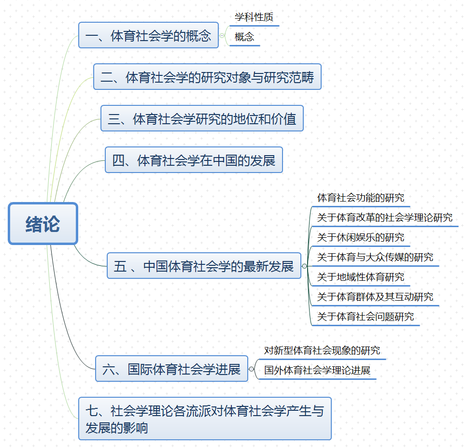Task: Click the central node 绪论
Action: click(43, 223)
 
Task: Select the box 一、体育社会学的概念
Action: click(148, 35)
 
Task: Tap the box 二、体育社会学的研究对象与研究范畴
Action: click(207, 77)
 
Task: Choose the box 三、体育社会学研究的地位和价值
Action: click(202, 118)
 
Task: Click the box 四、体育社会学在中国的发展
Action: click(194, 160)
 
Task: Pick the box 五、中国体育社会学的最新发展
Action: click(204, 266)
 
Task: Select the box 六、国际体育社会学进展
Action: click(171, 369)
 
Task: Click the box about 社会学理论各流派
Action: click(205, 419)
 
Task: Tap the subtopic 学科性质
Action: click(254, 17)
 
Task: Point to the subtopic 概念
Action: click(244, 37)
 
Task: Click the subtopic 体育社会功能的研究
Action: click(361, 198)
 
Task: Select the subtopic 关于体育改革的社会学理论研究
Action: click(384, 217)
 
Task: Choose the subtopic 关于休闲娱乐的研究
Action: click(361, 237)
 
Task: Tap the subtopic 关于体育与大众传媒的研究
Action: click(375, 257)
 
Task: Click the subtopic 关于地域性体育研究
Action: click(361, 277)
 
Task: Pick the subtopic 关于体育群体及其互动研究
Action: click(375, 297)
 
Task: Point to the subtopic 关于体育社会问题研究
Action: click(366, 317)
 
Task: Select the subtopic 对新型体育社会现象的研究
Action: click(322, 350)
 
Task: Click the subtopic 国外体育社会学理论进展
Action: click(317, 371)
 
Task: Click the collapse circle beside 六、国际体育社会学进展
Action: click(251, 369)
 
